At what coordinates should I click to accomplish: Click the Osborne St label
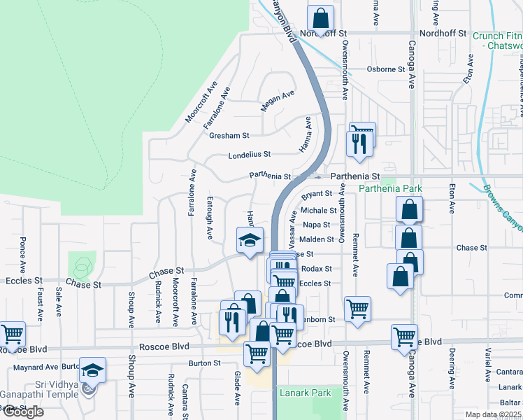pyautogui.click(x=386, y=69)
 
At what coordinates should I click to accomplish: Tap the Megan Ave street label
pyautogui.click(x=277, y=101)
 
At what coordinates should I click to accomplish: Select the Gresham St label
pyautogui.click(x=229, y=135)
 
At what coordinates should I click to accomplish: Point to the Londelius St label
pyautogui.click(x=249, y=155)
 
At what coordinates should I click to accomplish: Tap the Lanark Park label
pyautogui.click(x=305, y=393)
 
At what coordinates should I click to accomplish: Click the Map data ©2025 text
pyautogui.click(x=494, y=414)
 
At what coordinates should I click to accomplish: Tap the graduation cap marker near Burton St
pyautogui.click(x=92, y=370)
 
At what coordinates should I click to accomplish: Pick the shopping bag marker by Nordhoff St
pyautogui.click(x=320, y=17)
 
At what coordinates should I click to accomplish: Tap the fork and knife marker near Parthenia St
pyautogui.click(x=357, y=143)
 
